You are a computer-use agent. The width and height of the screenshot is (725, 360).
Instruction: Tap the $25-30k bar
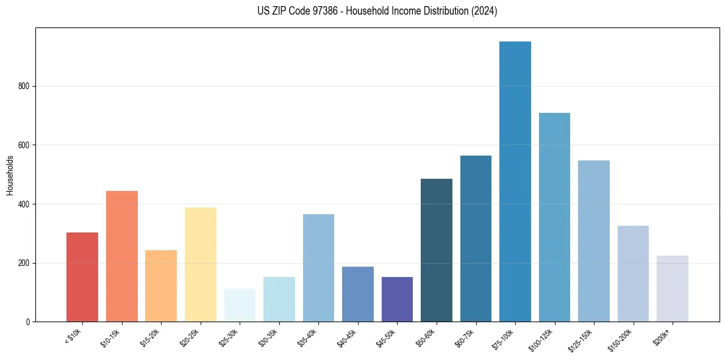click(240, 305)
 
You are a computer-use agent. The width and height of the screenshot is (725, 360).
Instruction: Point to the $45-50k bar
click(397, 299)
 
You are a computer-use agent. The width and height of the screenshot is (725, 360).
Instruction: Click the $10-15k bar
click(122, 256)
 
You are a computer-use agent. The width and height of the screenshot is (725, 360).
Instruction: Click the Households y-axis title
click(10, 175)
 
